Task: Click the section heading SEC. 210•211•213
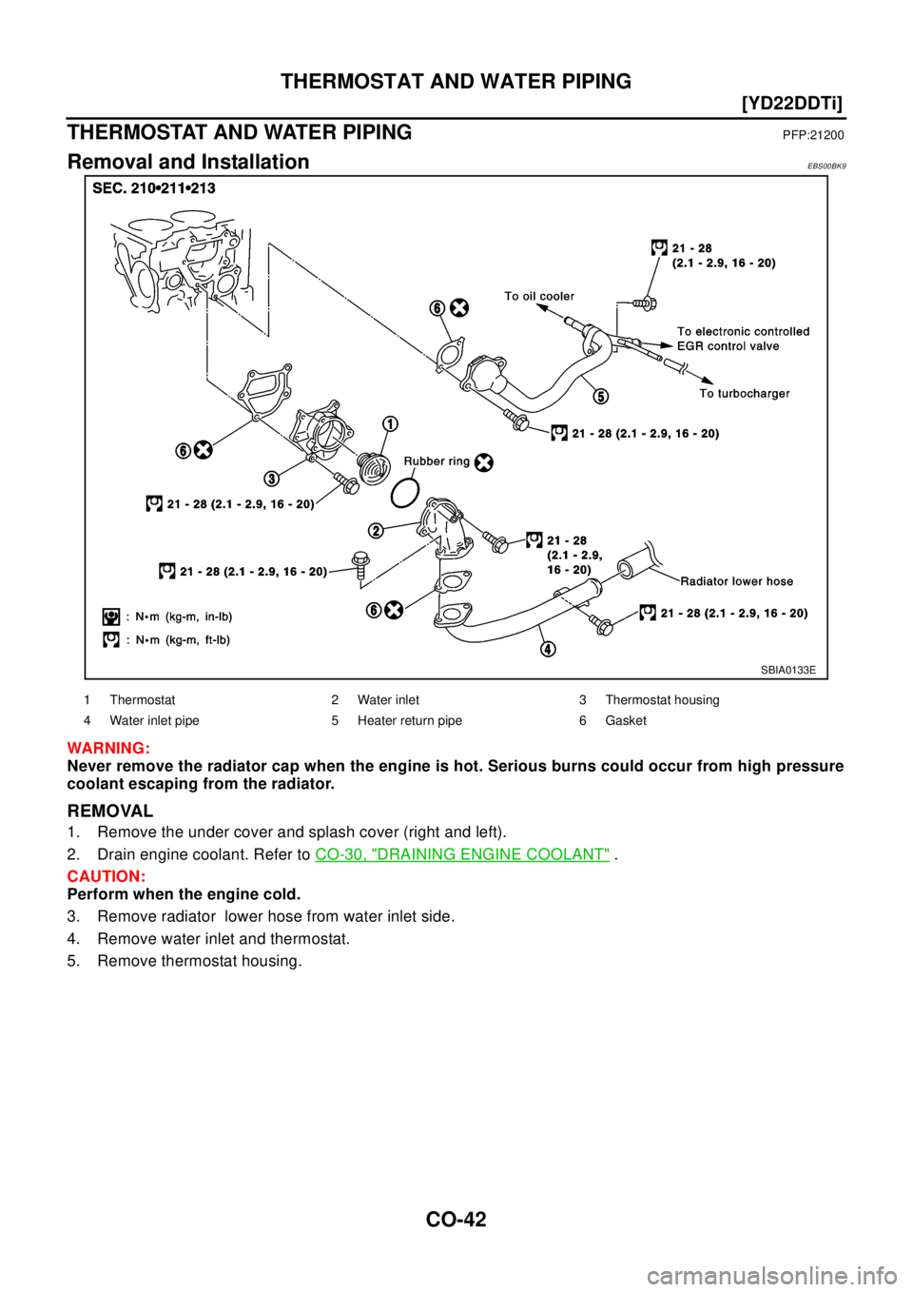154,188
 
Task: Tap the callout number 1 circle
390,422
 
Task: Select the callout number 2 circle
376,529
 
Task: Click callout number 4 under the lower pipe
549,650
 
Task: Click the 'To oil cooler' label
539,296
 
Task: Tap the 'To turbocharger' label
744,393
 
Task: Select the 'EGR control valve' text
728,346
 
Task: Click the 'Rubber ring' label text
437,461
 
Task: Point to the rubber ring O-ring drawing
405,492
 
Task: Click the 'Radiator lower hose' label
736,580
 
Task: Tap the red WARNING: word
107,749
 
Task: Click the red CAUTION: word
106,876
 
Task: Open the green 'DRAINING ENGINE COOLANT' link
462,855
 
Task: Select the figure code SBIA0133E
787,670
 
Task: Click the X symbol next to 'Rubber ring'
484,462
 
